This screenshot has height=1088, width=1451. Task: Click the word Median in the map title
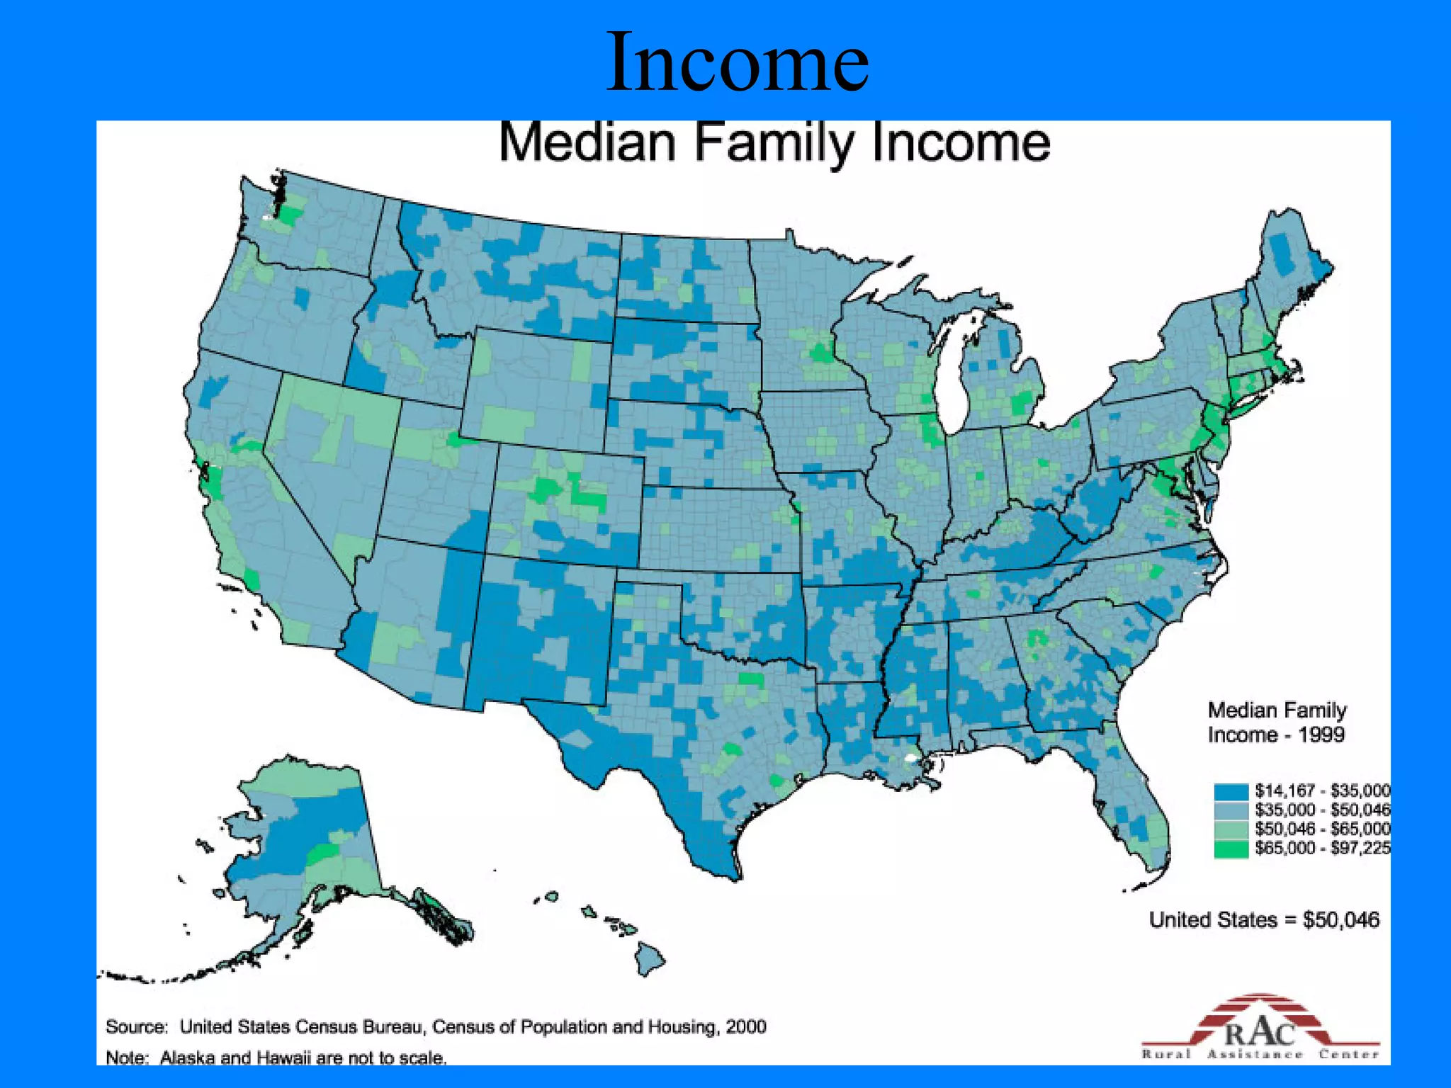[587, 143]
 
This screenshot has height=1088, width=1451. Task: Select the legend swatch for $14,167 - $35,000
[1231, 790]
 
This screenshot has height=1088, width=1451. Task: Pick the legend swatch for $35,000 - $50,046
[1231, 810]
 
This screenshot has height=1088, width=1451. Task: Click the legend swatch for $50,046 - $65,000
[1231, 829]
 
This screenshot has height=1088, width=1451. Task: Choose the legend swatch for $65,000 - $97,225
[1231, 849]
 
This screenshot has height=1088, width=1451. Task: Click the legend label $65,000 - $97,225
[1322, 849]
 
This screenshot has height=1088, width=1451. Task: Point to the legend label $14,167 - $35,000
[1322, 790]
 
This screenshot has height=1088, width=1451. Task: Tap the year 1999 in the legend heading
[1321, 735]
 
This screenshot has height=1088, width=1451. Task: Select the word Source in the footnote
[136, 1027]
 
